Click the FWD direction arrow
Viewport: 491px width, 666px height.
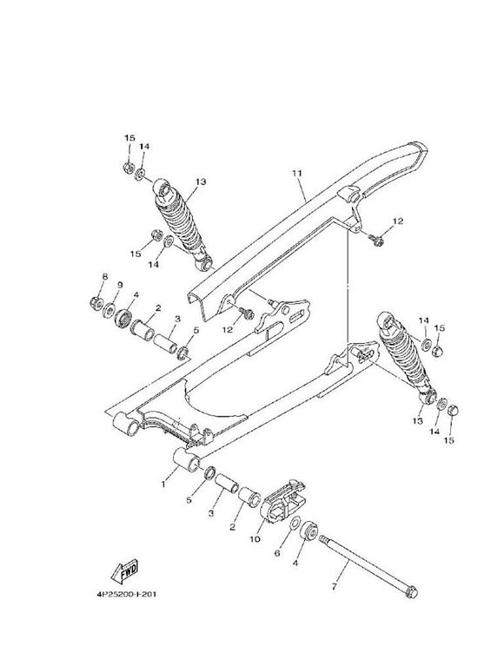coord(124,570)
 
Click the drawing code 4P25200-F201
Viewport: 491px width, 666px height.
coord(127,594)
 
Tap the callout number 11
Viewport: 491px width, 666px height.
coord(296,173)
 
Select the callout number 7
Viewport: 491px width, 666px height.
coord(334,586)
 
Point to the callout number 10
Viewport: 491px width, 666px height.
coord(255,539)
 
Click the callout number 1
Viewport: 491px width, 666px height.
coord(163,484)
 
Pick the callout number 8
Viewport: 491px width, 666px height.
coord(105,276)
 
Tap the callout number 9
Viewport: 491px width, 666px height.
coord(120,285)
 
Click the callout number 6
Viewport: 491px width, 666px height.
coord(277,553)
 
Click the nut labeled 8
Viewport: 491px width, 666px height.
coord(95,302)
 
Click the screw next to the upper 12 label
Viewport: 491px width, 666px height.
coord(376,240)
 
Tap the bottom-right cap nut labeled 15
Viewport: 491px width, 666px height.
coord(453,411)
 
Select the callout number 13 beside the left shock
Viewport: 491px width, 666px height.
coord(201,181)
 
